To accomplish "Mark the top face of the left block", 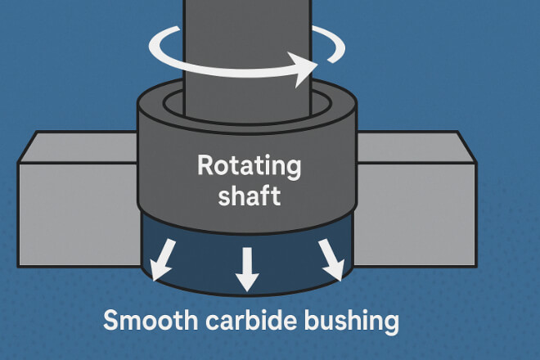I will coord(78,145).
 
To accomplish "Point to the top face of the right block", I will coord(413,145).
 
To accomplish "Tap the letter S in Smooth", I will coord(110,320).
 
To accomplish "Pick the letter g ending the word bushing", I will coord(390,323).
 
